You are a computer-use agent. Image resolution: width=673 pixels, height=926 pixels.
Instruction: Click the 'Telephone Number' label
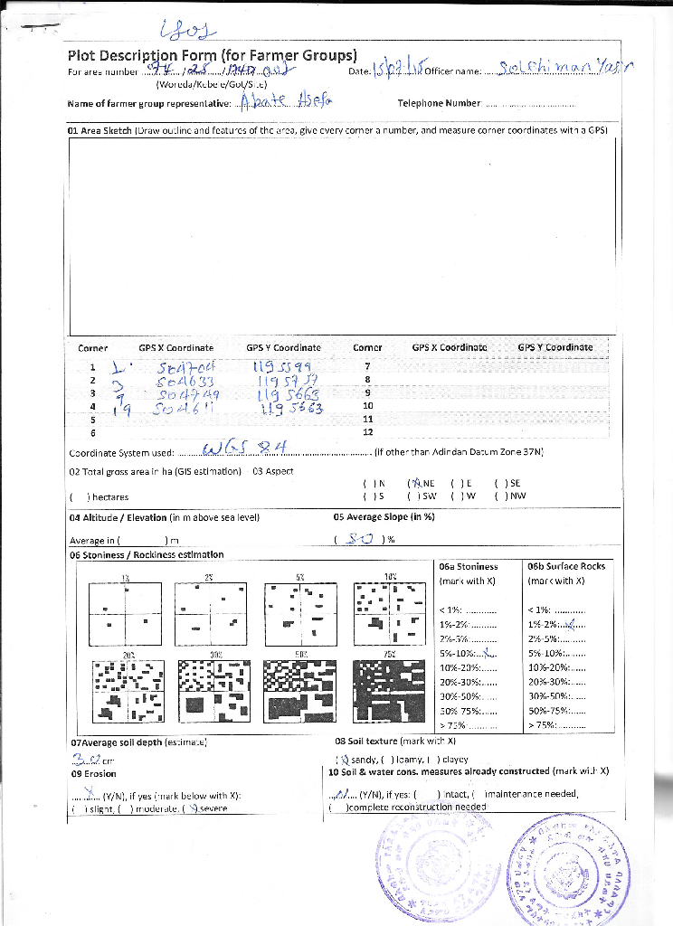(x=439, y=104)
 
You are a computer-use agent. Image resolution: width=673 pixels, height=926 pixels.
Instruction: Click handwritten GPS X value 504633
(x=185, y=381)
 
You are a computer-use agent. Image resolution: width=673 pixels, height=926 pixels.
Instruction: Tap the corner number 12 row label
(x=367, y=432)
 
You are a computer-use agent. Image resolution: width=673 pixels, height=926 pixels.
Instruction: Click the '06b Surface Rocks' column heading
(x=566, y=566)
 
